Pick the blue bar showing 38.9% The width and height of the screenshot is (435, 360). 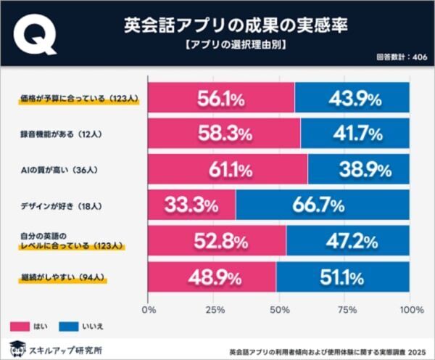pyautogui.click(x=359, y=169)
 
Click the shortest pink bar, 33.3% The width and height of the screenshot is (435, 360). pyautogui.click(x=191, y=205)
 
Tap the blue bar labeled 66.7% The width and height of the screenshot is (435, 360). pyautogui.click(x=323, y=205)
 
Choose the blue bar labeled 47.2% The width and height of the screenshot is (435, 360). pyautogui.click(x=348, y=241)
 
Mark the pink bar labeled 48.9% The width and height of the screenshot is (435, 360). pyautogui.click(x=212, y=277)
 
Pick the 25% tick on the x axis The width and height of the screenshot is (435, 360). pyautogui.click(x=214, y=311)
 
